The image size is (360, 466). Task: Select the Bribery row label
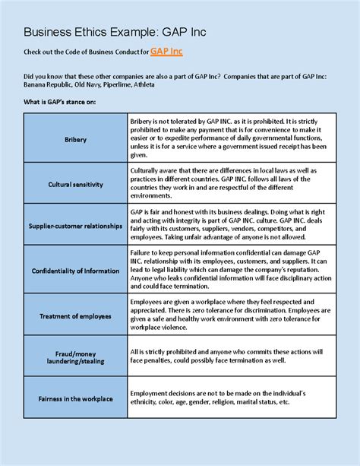coord(76,140)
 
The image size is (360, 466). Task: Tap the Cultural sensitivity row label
coord(76,184)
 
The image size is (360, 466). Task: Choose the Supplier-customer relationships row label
coord(76,226)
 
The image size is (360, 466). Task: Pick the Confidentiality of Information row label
coord(76,271)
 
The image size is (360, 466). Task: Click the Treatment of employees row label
coord(76,316)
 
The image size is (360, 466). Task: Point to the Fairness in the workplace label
coord(76,398)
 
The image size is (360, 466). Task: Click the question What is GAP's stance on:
coord(60,102)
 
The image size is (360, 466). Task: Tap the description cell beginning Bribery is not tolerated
coord(230,139)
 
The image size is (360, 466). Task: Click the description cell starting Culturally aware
coord(230,183)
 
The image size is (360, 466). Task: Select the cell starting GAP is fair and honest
coord(230,226)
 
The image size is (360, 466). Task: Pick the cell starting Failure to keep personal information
coord(230,270)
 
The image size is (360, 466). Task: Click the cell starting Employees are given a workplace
coord(230,315)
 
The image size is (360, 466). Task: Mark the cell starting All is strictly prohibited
coord(230,357)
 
